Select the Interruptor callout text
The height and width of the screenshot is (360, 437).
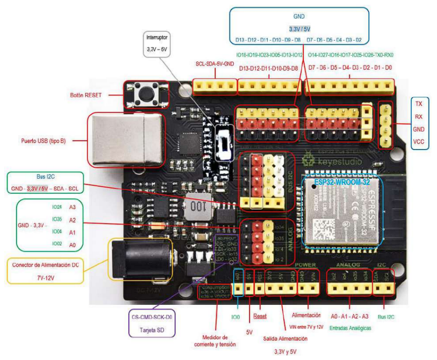click(157, 38)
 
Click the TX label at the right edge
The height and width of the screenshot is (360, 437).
click(418, 104)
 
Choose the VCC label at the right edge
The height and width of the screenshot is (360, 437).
click(418, 142)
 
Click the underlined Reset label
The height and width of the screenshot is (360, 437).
click(260, 316)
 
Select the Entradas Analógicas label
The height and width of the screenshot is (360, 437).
click(351, 328)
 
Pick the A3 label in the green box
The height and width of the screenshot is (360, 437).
click(72, 207)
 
